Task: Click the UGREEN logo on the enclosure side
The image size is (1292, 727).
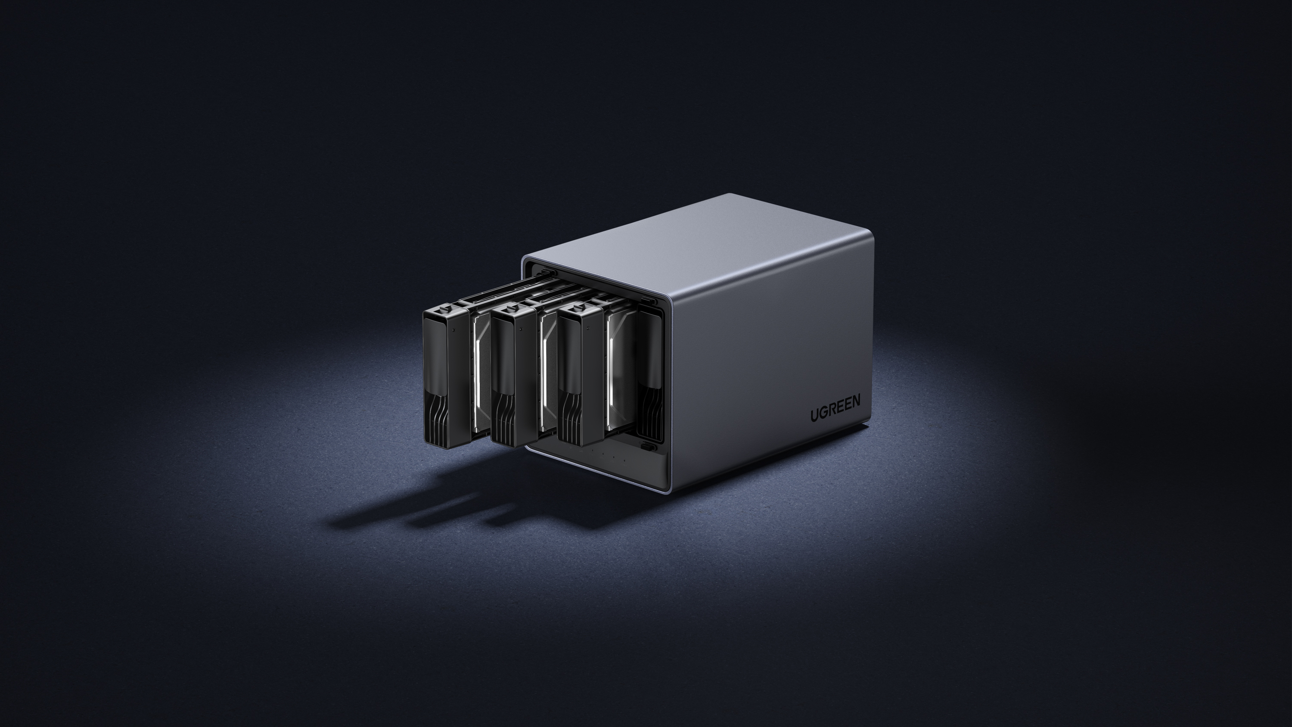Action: click(835, 407)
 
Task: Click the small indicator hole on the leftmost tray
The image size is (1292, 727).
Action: click(453, 331)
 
